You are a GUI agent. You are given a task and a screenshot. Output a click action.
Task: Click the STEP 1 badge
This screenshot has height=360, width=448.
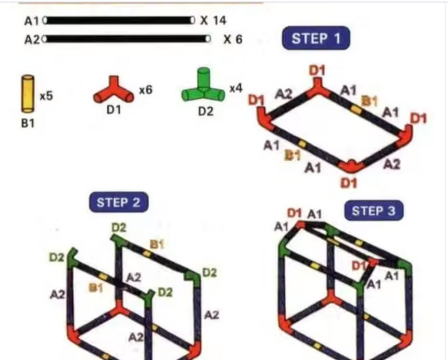(x=316, y=38)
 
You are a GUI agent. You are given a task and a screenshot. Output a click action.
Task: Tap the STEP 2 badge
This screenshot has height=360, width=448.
(x=119, y=202)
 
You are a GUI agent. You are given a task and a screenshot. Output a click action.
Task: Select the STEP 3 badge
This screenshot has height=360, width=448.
(x=374, y=210)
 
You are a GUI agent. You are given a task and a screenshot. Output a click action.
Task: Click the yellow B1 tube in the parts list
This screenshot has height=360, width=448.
(x=28, y=94)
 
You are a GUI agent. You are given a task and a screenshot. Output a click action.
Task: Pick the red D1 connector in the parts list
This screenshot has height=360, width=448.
(x=114, y=90)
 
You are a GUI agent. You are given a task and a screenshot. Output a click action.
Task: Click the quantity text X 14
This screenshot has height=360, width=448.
(x=213, y=21)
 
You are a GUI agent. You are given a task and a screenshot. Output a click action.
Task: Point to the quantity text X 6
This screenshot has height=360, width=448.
(x=233, y=39)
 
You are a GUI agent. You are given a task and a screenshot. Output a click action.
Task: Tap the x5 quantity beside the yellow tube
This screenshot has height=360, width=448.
(x=46, y=96)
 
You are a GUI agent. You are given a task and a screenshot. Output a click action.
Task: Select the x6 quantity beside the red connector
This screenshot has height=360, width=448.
(x=146, y=90)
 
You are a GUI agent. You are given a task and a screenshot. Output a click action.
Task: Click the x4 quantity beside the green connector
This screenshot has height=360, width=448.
(x=236, y=88)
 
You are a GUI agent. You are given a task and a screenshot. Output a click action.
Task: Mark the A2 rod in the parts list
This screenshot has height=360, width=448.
(x=127, y=38)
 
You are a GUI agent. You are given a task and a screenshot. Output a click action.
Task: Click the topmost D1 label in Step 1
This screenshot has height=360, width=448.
(x=317, y=70)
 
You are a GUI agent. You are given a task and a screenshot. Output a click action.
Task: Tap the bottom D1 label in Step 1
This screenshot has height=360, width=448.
(x=349, y=183)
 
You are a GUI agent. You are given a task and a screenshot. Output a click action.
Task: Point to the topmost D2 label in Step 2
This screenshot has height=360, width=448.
(x=119, y=228)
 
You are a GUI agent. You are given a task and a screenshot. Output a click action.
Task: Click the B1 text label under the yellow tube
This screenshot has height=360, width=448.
(x=28, y=123)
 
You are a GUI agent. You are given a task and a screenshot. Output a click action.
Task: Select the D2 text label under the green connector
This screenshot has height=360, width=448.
(x=206, y=111)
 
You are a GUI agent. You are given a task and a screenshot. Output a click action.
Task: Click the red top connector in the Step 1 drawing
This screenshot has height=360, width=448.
(x=318, y=88)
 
